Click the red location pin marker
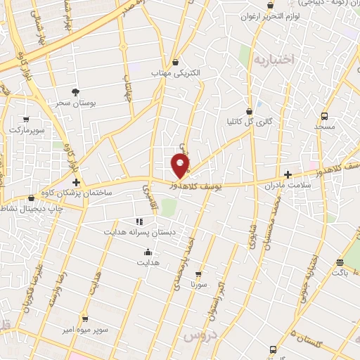pyautogui.click(x=181, y=166)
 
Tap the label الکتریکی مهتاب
pyautogui.click(x=175, y=72)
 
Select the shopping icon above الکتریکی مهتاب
pyautogui.click(x=175, y=62)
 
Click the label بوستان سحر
pyautogui.click(x=76, y=103)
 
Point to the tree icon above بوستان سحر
pyautogui.click(x=76, y=91)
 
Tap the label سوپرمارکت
pyautogui.click(x=27, y=130)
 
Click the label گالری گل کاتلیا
pyautogui.click(x=249, y=122)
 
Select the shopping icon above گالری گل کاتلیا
pyautogui.click(x=249, y=111)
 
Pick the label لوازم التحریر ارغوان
pyautogui.click(x=262, y=15)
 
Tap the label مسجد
pyautogui.click(x=324, y=127)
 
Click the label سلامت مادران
pyautogui.click(x=286, y=186)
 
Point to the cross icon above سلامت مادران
pyautogui.click(x=287, y=174)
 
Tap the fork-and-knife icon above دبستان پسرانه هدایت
pyautogui.click(x=139, y=221)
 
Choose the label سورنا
pyautogui.click(x=198, y=285)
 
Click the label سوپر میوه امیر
pyautogui.click(x=84, y=329)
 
